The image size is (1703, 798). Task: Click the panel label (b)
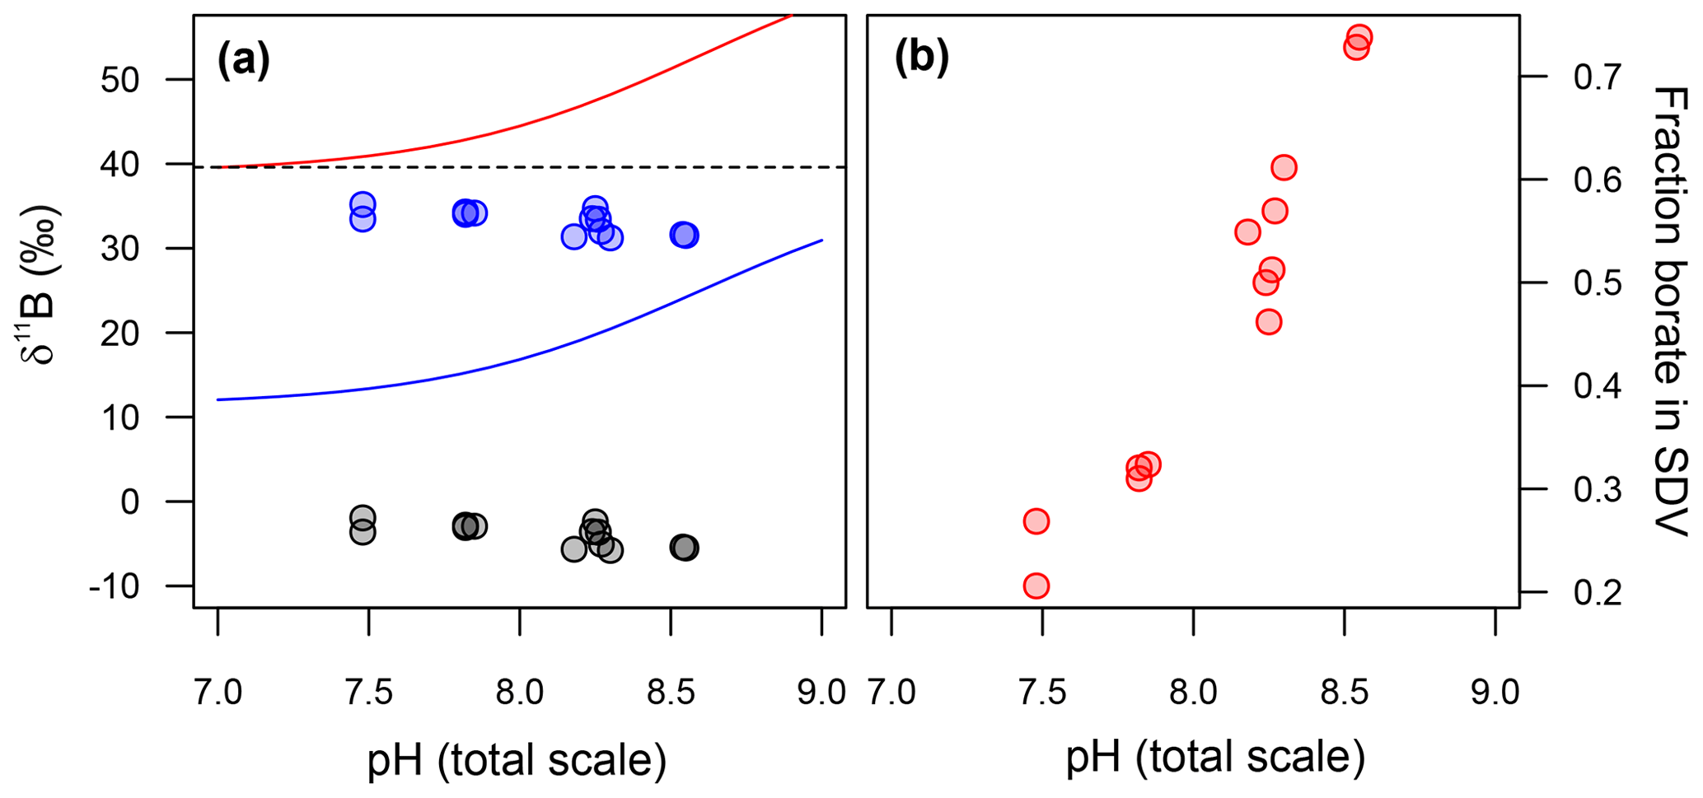click(922, 60)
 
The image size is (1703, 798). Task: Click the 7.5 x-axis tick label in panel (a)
click(368, 693)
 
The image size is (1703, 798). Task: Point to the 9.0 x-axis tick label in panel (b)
click(1495, 693)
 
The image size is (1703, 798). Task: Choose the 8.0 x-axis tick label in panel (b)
click(1194, 693)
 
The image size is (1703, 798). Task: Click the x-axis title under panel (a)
click(517, 759)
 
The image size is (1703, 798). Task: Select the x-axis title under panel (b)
click(1216, 758)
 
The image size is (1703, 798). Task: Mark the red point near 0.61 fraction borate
click(1284, 168)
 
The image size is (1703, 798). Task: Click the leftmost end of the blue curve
click(218, 399)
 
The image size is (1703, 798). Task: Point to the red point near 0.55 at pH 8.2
click(1247, 232)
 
